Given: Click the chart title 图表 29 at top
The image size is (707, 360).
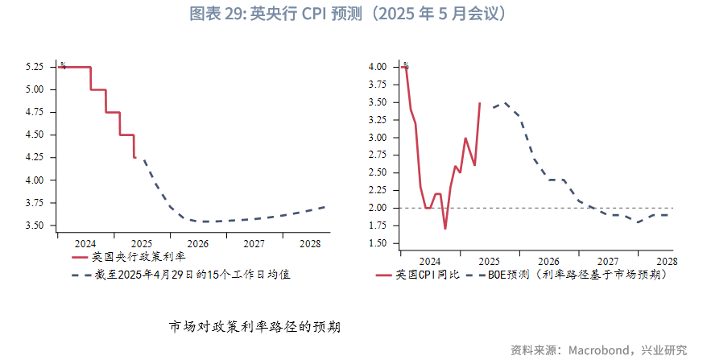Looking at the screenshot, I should pyautogui.click(x=353, y=14).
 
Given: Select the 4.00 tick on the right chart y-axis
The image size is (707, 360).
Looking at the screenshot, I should pyautogui.click(x=377, y=67).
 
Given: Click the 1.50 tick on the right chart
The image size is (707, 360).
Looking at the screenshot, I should pyautogui.click(x=377, y=243).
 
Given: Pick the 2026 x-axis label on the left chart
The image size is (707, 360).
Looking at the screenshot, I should pyautogui.click(x=197, y=243).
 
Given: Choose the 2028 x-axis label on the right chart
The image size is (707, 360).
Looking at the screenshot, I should pyautogui.click(x=667, y=261).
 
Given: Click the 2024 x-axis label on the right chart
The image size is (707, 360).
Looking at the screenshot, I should pyautogui.click(x=430, y=261).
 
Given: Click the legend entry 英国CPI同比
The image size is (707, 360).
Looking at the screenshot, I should pyautogui.click(x=427, y=275).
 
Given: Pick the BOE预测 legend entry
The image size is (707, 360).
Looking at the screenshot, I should pyautogui.click(x=564, y=275).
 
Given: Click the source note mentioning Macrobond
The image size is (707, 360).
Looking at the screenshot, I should pyautogui.click(x=599, y=350).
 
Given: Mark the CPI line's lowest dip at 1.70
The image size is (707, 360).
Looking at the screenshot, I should pyautogui.click(x=445, y=229).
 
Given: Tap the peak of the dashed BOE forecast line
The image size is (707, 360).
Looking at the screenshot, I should pyautogui.click(x=505, y=103).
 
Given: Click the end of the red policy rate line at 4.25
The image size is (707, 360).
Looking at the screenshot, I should pyautogui.click(x=134, y=157).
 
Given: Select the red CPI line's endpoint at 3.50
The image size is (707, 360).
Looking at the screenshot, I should pyautogui.click(x=480, y=102).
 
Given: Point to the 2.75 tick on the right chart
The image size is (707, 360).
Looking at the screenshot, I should pyautogui.click(x=377, y=155).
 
